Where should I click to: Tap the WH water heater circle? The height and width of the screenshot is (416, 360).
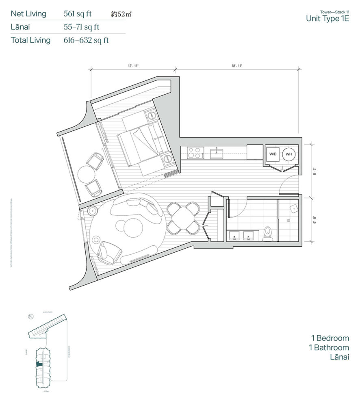coord(288,154)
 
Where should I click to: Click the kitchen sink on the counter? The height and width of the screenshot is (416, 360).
coord(217,153)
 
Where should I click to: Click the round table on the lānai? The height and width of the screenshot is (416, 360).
coord(86,174)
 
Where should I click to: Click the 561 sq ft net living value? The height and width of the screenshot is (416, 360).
coord(78,13)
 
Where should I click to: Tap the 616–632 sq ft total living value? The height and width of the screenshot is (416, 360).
coord(86,40)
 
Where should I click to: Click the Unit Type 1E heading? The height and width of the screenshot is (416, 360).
coord(327,18)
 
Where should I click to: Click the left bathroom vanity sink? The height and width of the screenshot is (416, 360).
coord(234,236)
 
